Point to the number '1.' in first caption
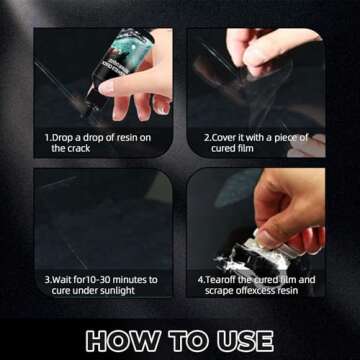pyautogui.click(x=48, y=137)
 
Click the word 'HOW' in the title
pyautogui.click(x=122, y=339)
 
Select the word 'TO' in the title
pyautogui.click(x=183, y=339)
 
